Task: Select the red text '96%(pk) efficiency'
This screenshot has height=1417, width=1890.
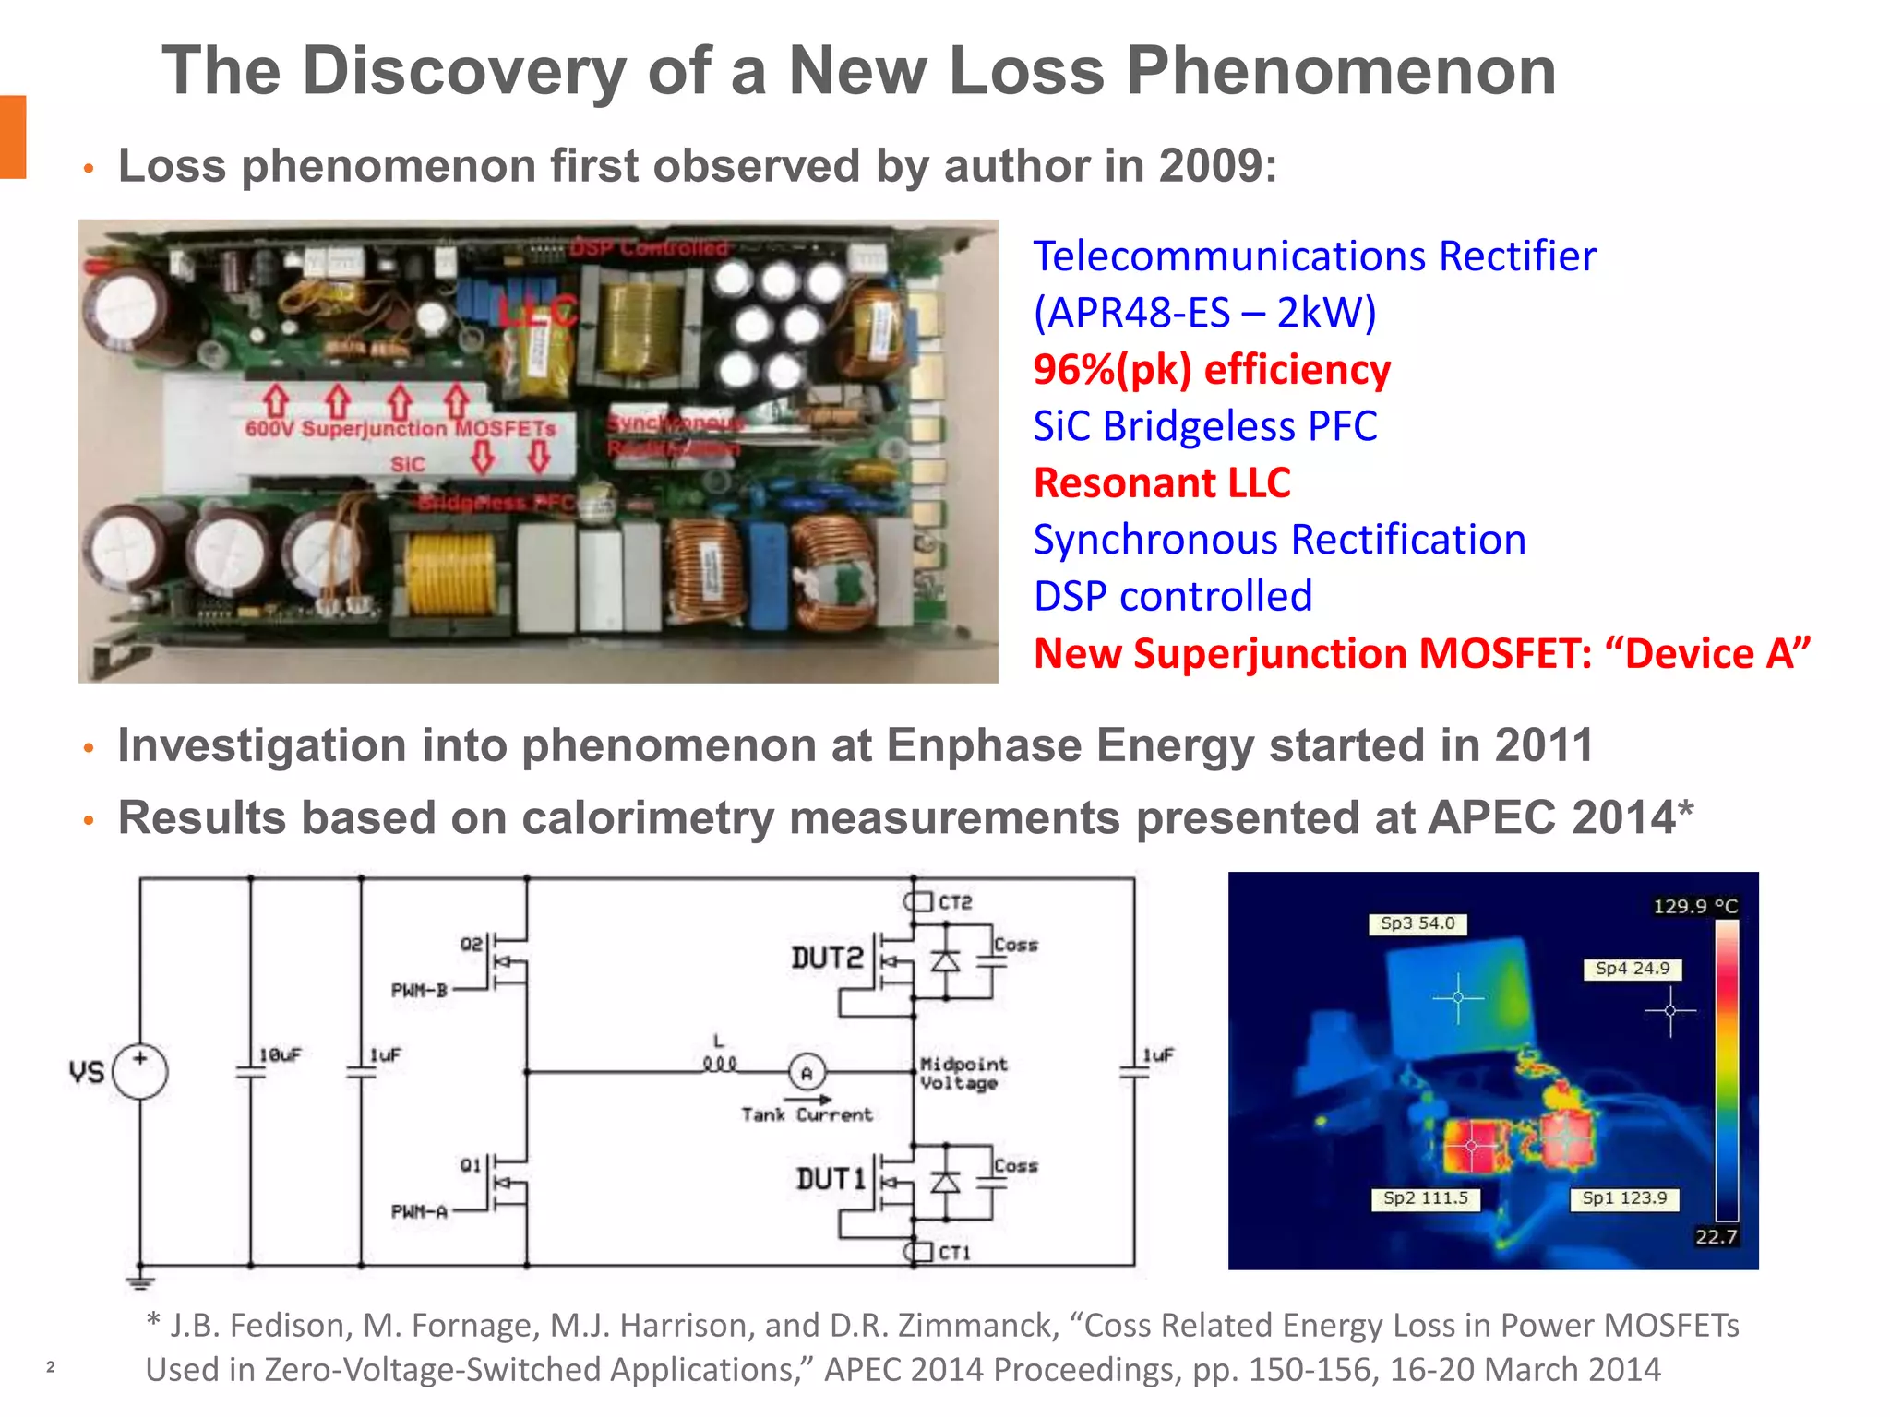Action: point(1211,370)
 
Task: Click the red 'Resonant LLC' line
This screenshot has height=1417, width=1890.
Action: point(1161,483)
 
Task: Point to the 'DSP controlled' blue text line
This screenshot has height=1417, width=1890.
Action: point(1172,597)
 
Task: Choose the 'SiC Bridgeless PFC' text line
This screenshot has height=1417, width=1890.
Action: point(1204,426)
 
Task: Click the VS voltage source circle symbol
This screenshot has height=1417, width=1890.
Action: point(140,1072)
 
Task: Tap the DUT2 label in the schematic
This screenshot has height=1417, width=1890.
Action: point(827,959)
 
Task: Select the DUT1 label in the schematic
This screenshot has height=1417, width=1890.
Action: point(831,1179)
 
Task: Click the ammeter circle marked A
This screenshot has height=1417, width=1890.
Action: point(807,1073)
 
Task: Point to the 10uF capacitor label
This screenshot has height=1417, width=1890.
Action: point(280,1054)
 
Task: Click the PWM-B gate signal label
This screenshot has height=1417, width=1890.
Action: point(419,991)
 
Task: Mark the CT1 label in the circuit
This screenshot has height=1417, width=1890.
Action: point(954,1253)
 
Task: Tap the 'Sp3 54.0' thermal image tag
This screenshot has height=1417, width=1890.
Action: point(1417,923)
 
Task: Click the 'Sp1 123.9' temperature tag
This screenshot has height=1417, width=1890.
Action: point(1624,1198)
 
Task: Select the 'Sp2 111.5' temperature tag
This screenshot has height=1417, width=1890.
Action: point(1425,1198)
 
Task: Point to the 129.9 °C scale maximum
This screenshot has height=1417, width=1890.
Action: point(1694,906)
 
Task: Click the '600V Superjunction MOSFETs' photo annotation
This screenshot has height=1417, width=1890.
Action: point(401,429)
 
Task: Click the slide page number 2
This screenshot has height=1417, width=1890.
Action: point(51,1367)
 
